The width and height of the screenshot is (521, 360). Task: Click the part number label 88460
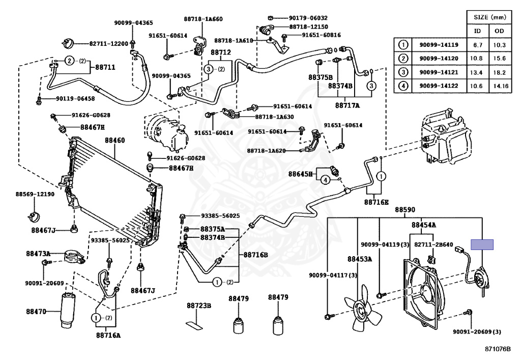(x=115, y=140)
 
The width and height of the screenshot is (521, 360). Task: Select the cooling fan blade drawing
(x=363, y=308)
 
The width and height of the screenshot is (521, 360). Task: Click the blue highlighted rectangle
(x=482, y=244)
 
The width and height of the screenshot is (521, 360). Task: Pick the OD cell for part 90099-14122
(x=501, y=86)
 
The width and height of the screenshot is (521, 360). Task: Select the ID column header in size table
(x=477, y=31)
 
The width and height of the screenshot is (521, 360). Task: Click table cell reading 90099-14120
(x=439, y=59)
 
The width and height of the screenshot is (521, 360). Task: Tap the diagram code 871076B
(x=498, y=349)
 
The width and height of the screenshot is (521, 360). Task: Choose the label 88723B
(x=199, y=306)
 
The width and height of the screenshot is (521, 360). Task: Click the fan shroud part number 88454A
(x=424, y=225)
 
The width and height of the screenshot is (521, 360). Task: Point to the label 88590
(x=404, y=210)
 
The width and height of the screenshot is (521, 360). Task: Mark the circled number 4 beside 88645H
(x=326, y=180)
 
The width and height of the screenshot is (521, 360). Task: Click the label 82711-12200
(x=109, y=44)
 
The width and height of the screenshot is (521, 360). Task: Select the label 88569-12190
(x=35, y=194)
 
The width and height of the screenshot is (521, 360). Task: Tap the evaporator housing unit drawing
(x=447, y=136)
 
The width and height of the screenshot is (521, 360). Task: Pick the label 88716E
(x=376, y=202)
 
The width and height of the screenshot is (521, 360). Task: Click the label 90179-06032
(x=308, y=18)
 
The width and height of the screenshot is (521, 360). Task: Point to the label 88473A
(x=38, y=254)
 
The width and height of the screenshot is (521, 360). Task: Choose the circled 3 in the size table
(x=403, y=72)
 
